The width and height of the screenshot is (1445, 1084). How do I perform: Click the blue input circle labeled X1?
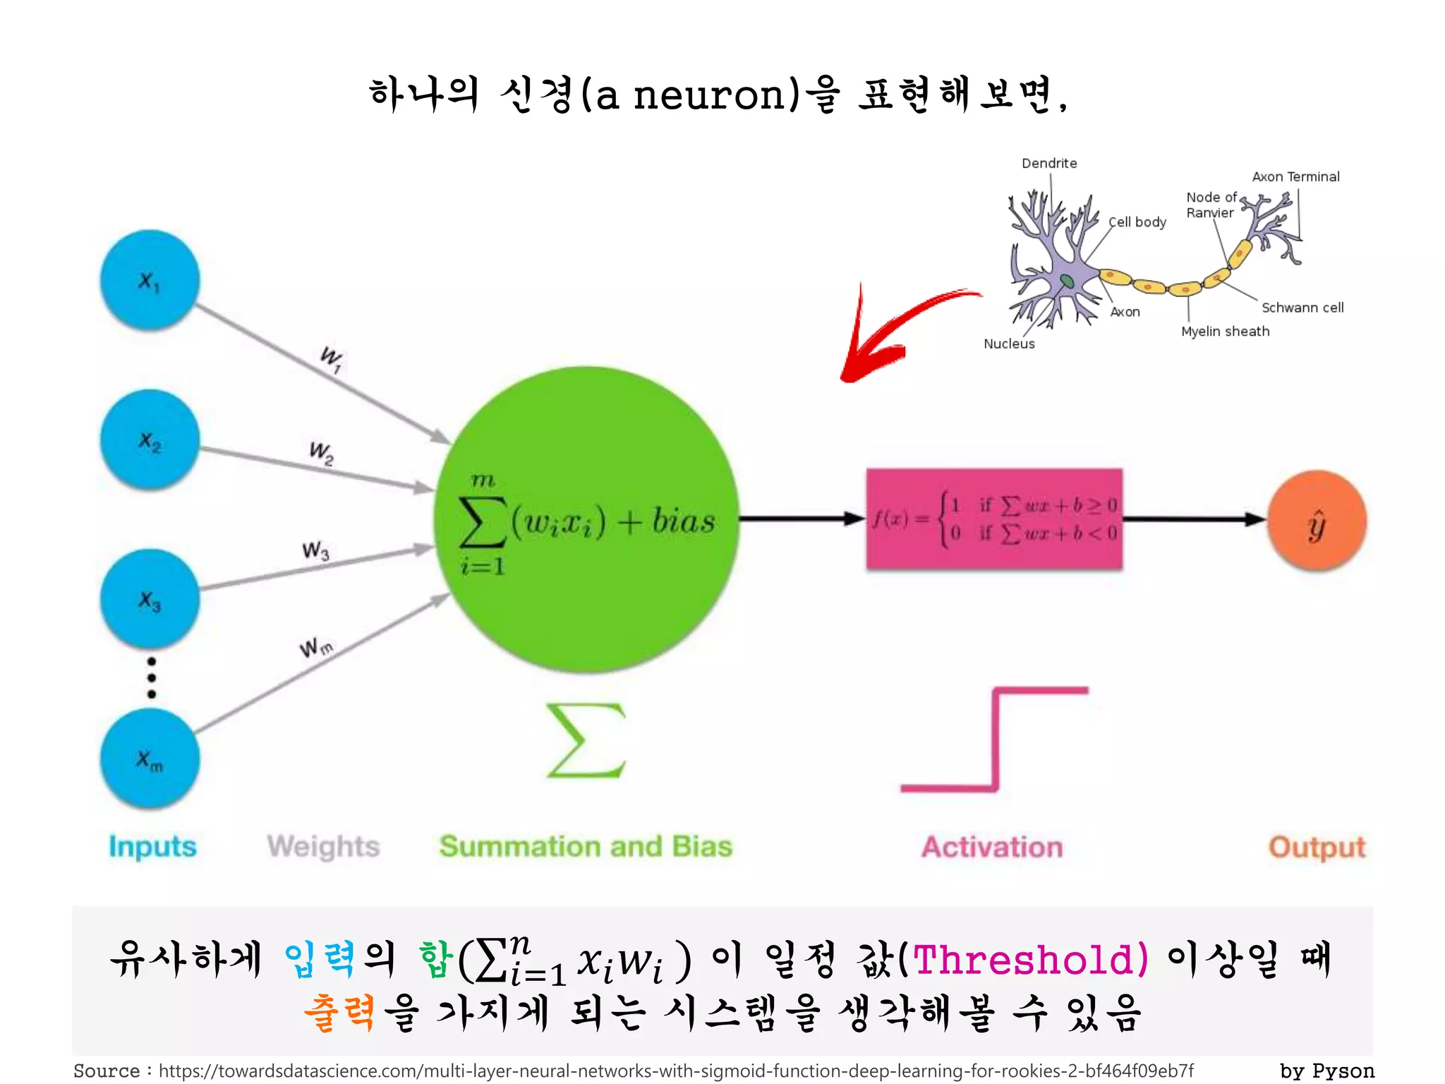(150, 280)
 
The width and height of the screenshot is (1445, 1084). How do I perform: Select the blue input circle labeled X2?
(150, 440)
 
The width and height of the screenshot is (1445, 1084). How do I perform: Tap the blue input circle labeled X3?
(150, 600)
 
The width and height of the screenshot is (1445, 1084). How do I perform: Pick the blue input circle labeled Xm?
(150, 759)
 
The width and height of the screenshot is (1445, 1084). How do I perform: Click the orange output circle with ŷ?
(1317, 521)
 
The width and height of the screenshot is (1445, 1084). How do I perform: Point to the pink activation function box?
(994, 519)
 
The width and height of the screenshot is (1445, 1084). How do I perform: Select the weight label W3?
(315, 550)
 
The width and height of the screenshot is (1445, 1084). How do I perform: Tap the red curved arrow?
(896, 332)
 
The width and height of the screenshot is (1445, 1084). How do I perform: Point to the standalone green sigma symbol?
(586, 740)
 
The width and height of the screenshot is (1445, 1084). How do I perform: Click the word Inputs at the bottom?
(152, 846)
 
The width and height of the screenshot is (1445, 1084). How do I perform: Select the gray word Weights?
(323, 846)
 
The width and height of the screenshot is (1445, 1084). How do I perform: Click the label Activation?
(992, 847)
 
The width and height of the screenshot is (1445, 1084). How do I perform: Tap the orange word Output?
(1317, 847)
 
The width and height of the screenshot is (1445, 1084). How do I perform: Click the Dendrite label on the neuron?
(1049, 163)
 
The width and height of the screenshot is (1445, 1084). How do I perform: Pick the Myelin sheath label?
(1225, 332)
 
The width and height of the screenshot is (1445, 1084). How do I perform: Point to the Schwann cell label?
(1302, 308)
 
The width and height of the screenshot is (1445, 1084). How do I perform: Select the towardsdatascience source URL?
(676, 1071)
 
